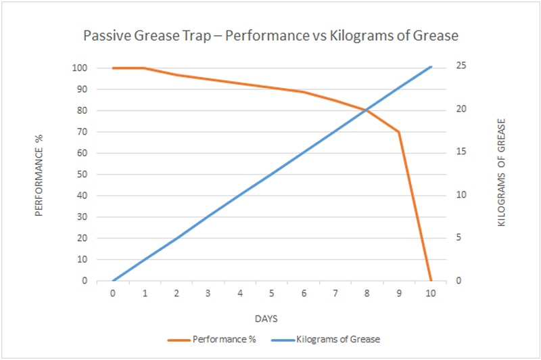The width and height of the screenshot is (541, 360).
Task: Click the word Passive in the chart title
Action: pyautogui.click(x=107, y=36)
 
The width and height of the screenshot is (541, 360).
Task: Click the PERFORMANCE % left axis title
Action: pyautogui.click(x=39, y=175)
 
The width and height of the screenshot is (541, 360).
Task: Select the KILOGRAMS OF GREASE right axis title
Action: pyautogui.click(x=501, y=173)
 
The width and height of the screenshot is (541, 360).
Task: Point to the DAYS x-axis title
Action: pyautogui.click(x=266, y=319)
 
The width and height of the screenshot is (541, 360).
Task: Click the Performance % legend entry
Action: pyautogui.click(x=212, y=340)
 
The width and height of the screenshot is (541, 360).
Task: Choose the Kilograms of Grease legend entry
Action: pyautogui.click(x=326, y=340)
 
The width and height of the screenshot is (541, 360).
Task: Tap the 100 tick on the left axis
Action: pyautogui.click(x=80, y=68)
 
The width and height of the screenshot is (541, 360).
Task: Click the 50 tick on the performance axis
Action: pyautogui.click(x=82, y=175)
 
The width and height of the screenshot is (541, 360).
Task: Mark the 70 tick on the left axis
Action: pyautogui.click(x=82, y=132)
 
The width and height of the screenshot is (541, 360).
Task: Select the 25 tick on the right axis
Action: pyautogui.click(x=461, y=66)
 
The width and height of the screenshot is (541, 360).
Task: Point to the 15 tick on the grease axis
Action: pyautogui.click(x=461, y=152)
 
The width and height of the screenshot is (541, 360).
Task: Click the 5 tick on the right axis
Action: pyautogui.click(x=458, y=238)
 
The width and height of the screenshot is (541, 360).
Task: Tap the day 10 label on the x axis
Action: pyautogui.click(x=431, y=294)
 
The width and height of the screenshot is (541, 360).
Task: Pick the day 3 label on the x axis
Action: pyautogui.click(x=208, y=294)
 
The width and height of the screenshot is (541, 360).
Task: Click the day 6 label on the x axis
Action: pyautogui.click(x=304, y=294)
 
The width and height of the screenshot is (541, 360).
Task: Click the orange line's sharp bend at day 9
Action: pyautogui.click(x=399, y=132)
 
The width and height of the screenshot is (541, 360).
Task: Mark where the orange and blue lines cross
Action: pyautogui.click(x=366, y=110)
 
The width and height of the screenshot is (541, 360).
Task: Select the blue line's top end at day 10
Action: pyautogui.click(x=431, y=66)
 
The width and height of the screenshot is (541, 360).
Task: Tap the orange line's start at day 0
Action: pyautogui.click(x=113, y=68)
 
